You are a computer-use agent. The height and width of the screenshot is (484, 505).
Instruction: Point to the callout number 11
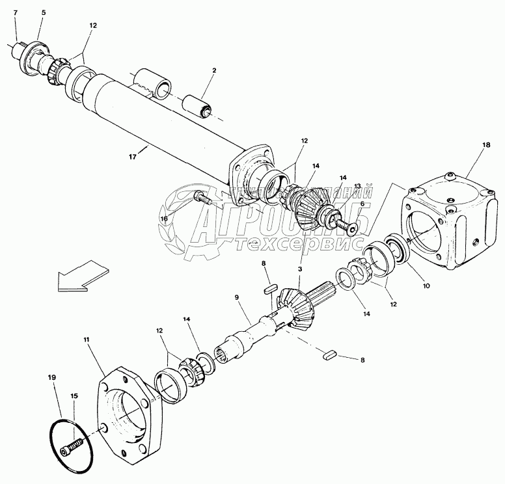click(87, 339)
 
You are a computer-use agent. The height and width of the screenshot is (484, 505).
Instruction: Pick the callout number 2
click(213, 70)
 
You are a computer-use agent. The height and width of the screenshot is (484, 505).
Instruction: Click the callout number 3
click(300, 268)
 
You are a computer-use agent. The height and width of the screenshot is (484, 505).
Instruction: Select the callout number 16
click(165, 219)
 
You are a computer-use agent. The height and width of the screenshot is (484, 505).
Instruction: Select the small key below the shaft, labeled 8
click(329, 355)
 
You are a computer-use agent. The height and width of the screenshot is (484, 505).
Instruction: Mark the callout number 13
click(357, 186)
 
